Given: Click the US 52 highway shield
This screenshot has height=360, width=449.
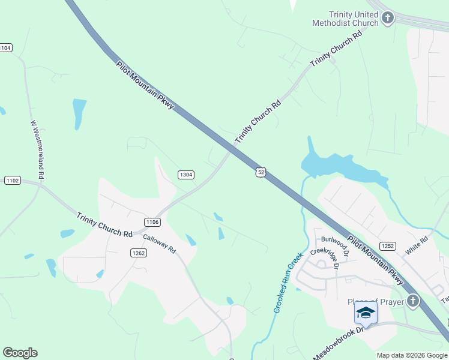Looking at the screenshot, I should pos(261,172).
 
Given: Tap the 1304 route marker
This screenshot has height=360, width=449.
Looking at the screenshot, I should pos(185,175).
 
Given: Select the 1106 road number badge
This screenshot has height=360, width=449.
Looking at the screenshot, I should pos(152,222).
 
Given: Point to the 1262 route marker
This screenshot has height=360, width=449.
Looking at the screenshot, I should pos(138,253).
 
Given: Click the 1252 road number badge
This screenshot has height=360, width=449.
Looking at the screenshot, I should pos(387,246).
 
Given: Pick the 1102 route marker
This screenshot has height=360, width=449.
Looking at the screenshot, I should pos(12,180).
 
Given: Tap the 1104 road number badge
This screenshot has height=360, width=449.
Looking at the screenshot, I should pos(5,47).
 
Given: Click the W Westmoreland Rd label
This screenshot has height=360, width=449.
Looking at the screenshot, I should pos(38,150).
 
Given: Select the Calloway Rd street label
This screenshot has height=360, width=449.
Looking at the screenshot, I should pos(159,242).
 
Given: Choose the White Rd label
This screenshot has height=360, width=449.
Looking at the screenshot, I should pos(416,246).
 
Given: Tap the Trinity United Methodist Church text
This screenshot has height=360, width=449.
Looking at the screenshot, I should pos(345,19).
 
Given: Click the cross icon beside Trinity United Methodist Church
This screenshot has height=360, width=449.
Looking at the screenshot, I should pos(387,18).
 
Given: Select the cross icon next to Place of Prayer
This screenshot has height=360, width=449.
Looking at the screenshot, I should pos(412,301).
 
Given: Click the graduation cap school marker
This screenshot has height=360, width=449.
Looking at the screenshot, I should pos(366,313).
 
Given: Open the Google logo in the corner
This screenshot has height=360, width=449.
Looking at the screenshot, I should pos(20,353).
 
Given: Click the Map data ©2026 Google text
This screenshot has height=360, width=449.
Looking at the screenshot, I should pos(412,355).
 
